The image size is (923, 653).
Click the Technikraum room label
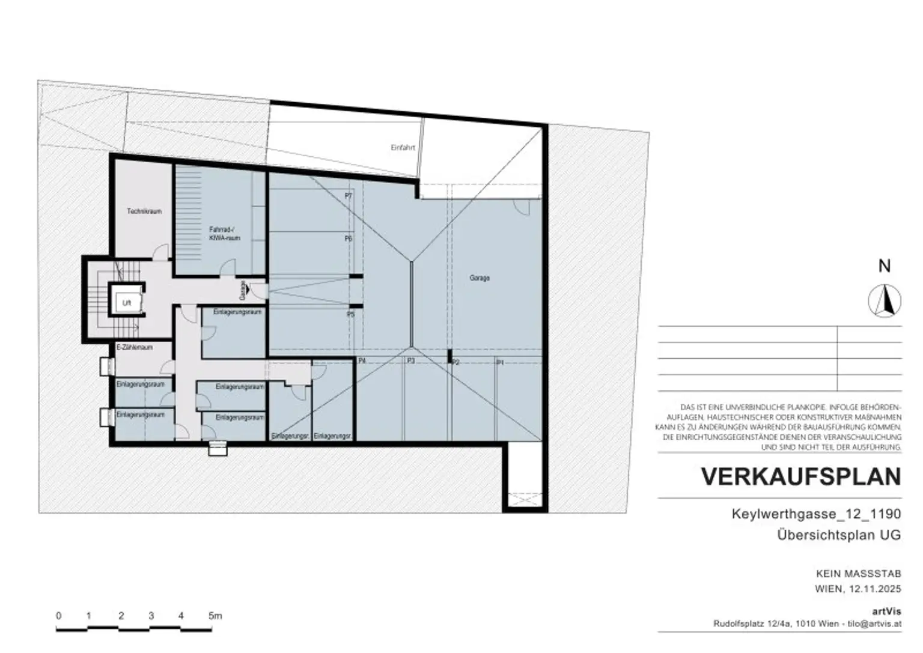144,211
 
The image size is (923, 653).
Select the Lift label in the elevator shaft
127,304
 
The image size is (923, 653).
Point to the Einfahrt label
403,147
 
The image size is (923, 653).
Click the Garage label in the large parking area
480,278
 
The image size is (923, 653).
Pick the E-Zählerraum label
134,347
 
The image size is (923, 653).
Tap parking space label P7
349,196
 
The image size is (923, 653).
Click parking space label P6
349,238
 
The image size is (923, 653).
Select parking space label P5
351,314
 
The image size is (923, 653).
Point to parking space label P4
362,361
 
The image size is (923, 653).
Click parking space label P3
411,361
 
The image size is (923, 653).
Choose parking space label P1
499,363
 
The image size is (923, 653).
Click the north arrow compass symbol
885,300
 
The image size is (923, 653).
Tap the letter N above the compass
885,266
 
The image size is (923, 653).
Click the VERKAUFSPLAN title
801,476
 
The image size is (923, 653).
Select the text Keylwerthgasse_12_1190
816,514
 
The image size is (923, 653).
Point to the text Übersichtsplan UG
839,535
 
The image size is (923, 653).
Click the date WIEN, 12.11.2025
858,589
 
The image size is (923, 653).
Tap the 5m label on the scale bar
215,616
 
